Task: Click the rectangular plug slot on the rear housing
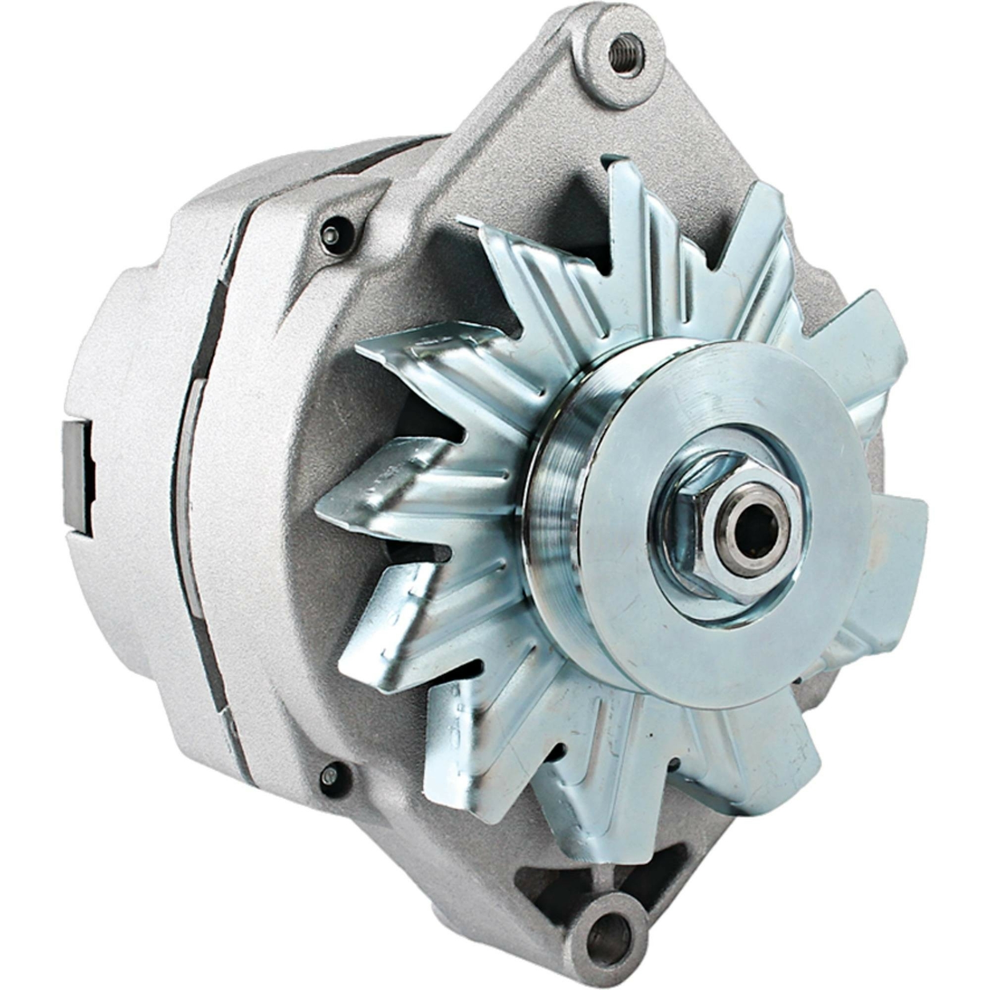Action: (x=78, y=477)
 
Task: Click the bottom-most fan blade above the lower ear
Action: (x=594, y=804)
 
